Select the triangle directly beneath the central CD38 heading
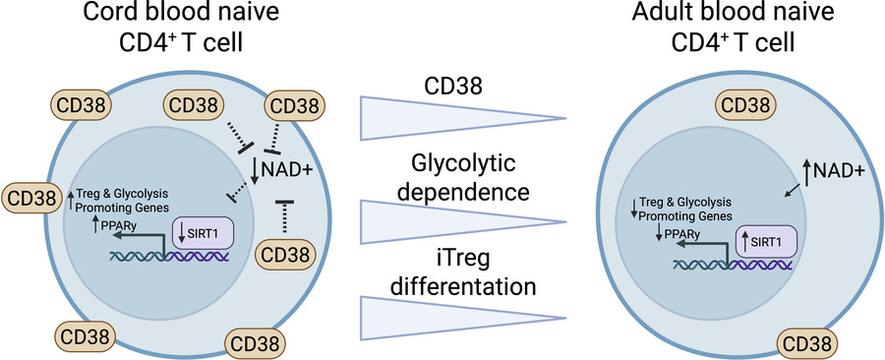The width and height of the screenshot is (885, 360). coord(433,117)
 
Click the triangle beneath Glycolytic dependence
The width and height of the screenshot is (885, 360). coord(433,219)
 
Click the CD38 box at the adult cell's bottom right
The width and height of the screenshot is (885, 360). coord(810,343)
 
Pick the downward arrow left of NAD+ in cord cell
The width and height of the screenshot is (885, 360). coord(259,169)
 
